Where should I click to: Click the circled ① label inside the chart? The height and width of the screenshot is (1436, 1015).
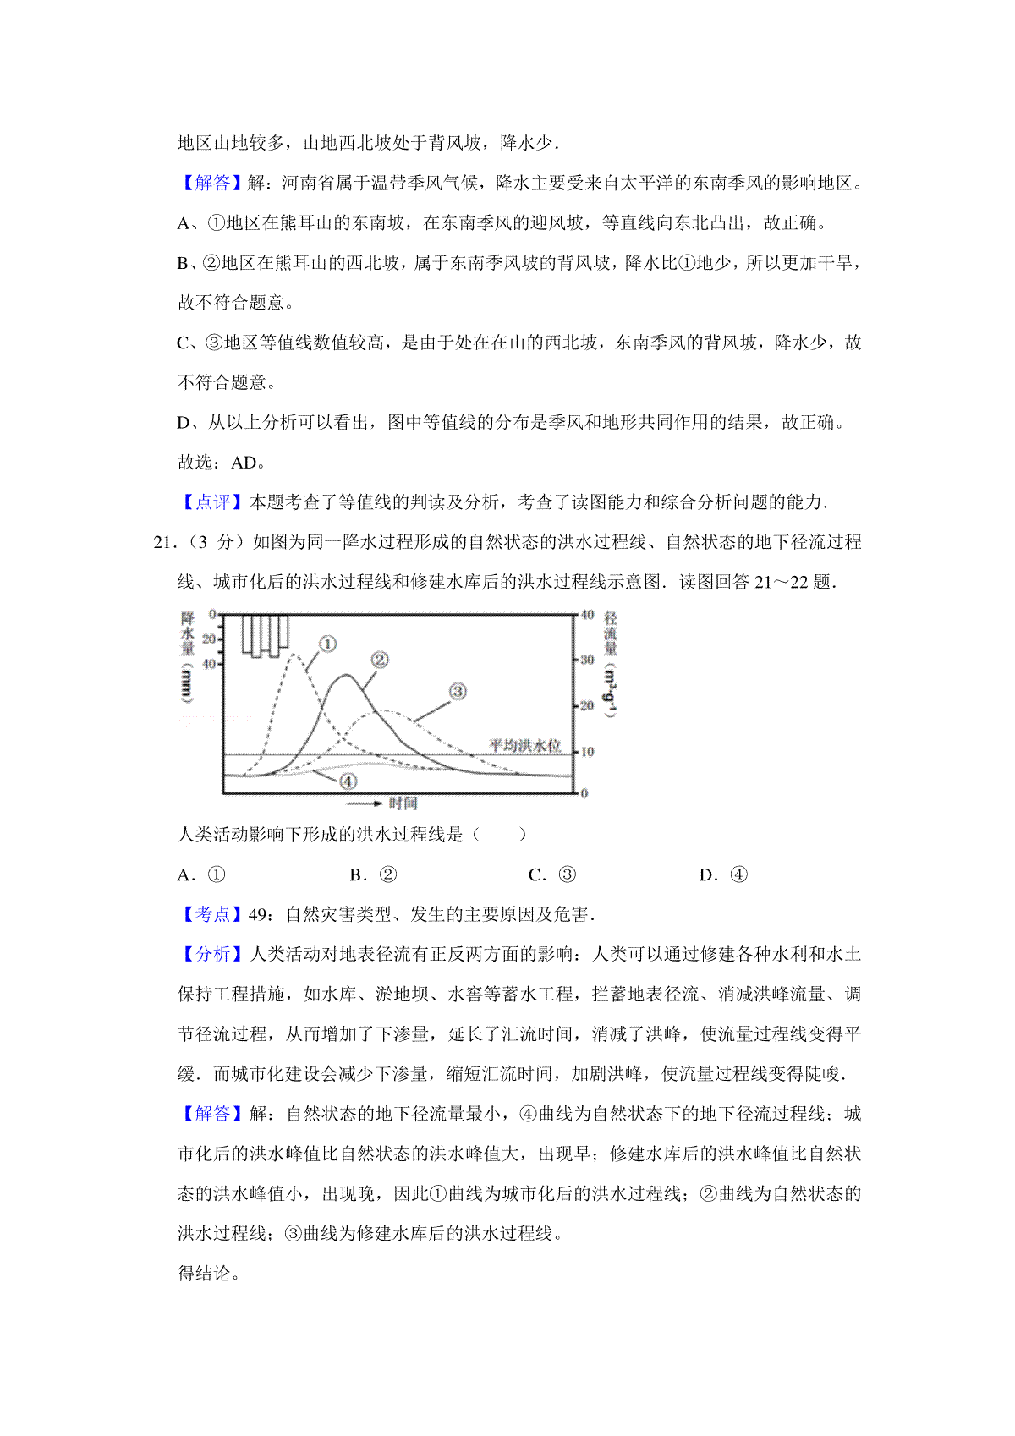327,644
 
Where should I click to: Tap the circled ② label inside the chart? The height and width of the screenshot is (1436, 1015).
379,660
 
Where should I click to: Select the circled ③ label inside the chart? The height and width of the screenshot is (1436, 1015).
458,692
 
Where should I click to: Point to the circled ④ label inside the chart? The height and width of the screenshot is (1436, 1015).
348,781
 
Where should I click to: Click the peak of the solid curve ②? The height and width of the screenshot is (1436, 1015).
346,675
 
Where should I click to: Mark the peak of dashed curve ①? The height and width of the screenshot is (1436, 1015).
294,654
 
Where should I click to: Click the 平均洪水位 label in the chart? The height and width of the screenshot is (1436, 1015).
525,745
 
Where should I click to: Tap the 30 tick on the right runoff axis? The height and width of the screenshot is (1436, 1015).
586,660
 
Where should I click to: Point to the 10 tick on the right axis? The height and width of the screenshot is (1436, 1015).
586,751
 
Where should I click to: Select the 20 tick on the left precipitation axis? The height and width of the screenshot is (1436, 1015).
209,639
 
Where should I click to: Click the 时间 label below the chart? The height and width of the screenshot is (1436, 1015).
403,803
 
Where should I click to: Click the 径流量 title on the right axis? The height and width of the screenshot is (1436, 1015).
611,633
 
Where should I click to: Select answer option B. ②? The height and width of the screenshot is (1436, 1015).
373,875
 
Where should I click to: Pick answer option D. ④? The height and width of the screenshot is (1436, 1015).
723,875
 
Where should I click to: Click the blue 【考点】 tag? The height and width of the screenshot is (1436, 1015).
212,914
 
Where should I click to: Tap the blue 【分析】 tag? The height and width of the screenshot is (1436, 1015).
212,954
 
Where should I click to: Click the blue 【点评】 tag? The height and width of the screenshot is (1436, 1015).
212,502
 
